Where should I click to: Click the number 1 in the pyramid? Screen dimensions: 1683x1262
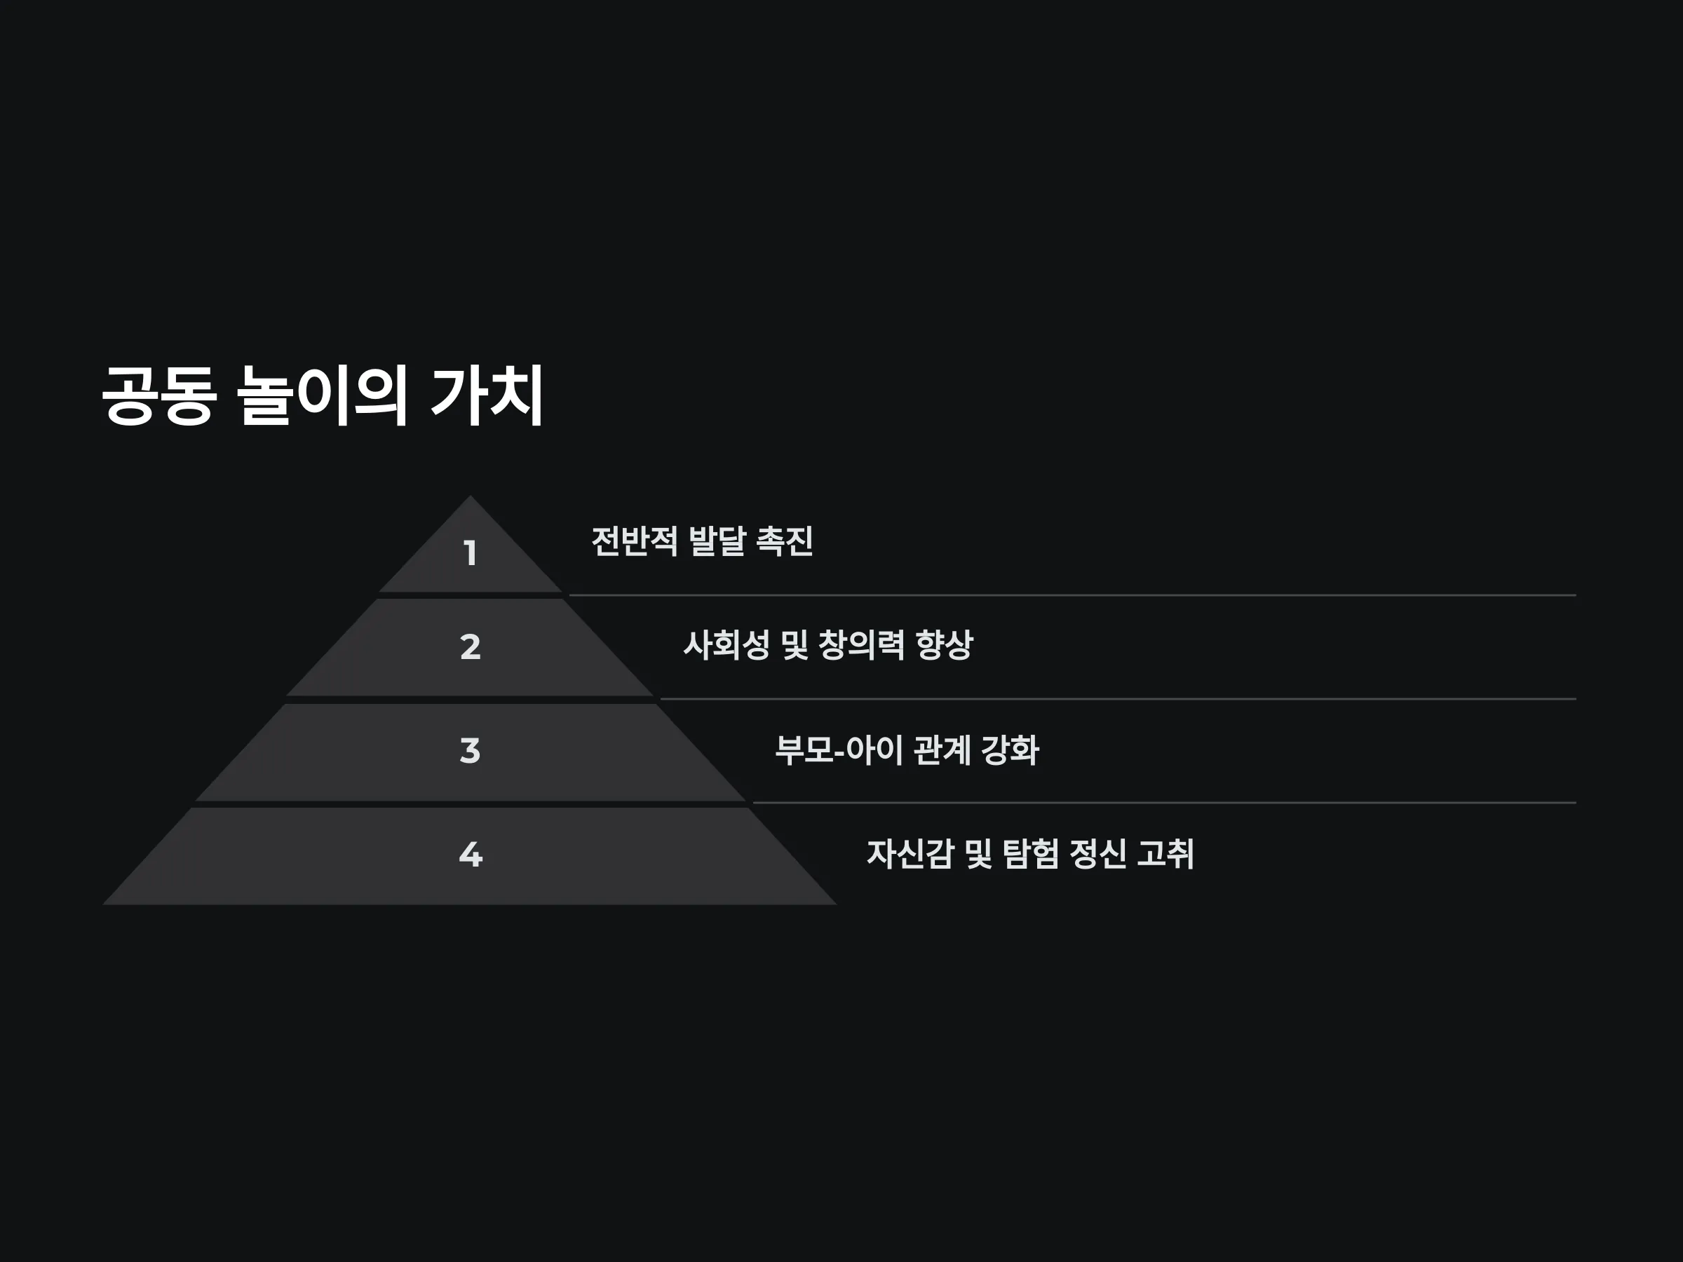point(471,553)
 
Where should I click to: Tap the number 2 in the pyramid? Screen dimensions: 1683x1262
point(471,646)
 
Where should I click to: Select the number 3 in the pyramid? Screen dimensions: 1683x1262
point(471,750)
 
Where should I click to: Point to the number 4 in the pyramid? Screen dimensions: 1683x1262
point(471,854)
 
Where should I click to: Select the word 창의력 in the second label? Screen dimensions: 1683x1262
point(861,645)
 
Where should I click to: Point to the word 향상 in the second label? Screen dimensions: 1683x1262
point(944,645)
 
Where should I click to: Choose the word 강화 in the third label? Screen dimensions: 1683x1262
point(1010,750)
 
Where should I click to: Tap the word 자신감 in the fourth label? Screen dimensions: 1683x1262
point(910,853)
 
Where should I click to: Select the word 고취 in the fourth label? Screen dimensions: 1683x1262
point(1165,853)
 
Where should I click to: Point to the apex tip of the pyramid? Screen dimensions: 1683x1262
point(471,496)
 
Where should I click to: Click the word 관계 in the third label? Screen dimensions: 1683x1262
point(942,750)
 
